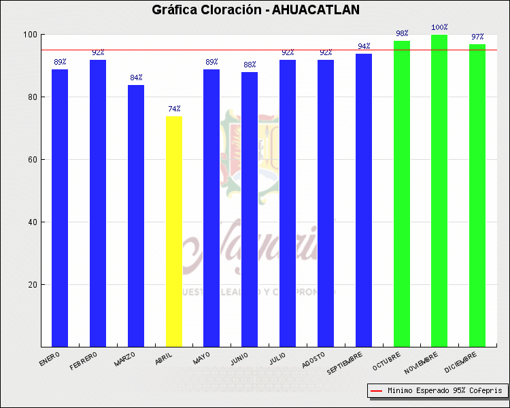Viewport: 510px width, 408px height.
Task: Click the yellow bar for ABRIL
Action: click(x=174, y=231)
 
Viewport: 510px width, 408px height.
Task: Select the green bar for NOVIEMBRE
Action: click(x=439, y=190)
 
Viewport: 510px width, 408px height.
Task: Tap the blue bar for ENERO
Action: click(x=60, y=207)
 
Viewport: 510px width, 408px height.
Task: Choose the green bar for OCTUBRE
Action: click(x=402, y=194)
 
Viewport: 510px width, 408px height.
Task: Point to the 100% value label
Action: click(x=439, y=28)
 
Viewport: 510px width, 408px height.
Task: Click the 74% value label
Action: click(x=174, y=109)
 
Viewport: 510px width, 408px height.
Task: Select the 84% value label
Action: click(x=136, y=78)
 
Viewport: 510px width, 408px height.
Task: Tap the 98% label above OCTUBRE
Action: click(x=402, y=33)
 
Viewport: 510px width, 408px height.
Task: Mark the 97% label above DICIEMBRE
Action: click(x=477, y=37)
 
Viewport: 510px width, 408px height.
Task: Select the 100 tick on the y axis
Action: click(x=29, y=35)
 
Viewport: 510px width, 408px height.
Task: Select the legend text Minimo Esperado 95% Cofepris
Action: click(x=445, y=390)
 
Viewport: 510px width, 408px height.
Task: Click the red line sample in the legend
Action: click(x=376, y=390)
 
